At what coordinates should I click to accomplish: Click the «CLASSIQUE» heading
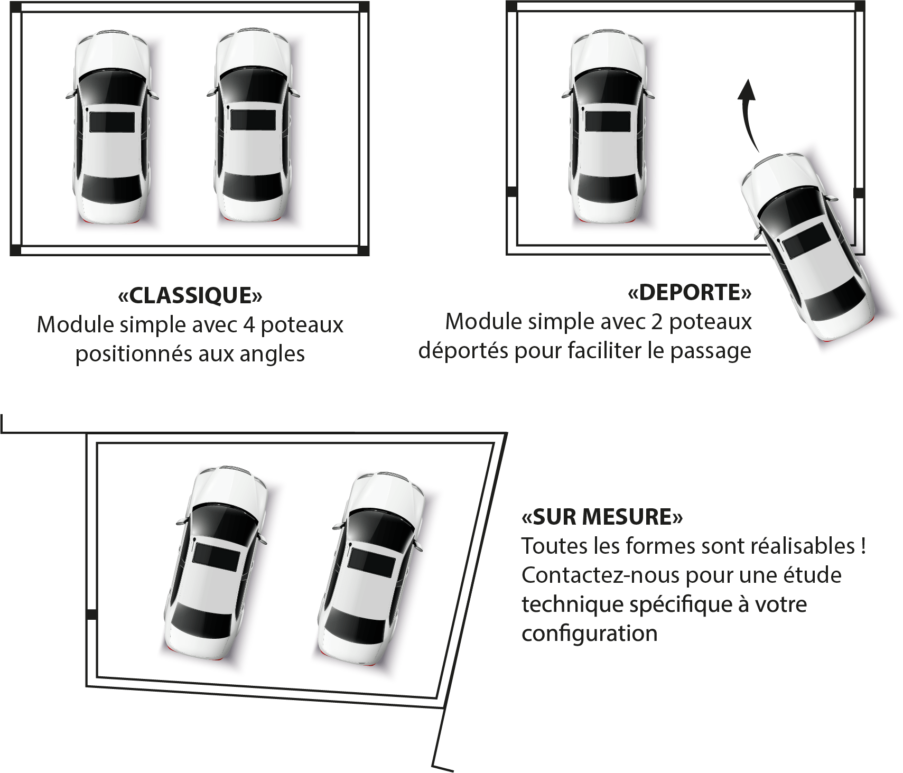(190, 295)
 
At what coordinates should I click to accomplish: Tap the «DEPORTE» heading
(690, 292)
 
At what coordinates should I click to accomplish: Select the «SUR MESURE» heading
(602, 517)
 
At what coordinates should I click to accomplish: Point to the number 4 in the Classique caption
(249, 325)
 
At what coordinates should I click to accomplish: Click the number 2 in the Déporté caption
(657, 322)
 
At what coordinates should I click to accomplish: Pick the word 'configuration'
(590, 633)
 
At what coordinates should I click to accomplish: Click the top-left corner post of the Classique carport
(16, 8)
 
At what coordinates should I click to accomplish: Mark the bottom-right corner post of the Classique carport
(363, 250)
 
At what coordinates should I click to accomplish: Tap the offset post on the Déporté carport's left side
(512, 191)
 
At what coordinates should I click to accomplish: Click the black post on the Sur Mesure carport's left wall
(91, 614)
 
